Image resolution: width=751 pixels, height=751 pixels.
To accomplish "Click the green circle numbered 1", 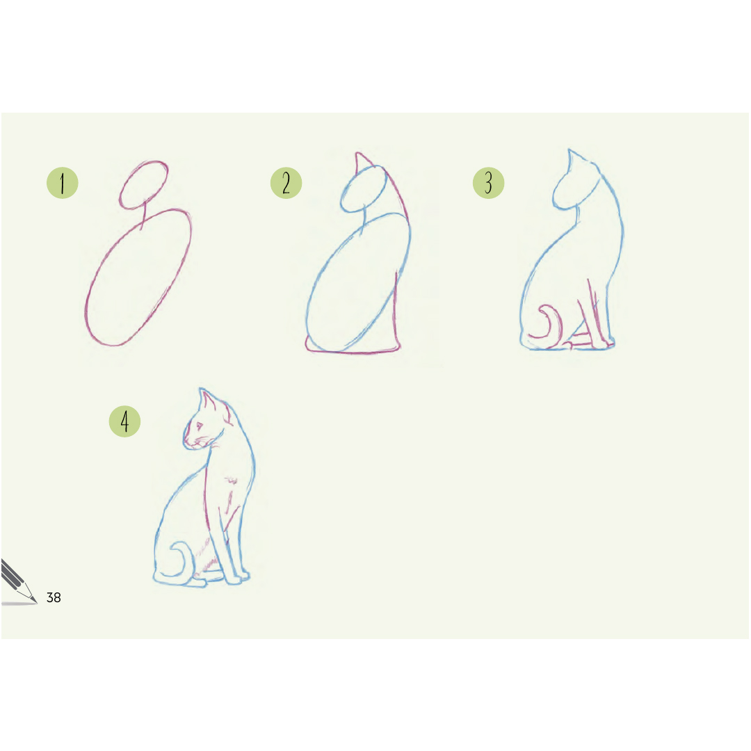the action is pyautogui.click(x=63, y=183).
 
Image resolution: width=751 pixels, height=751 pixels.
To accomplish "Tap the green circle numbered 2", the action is pyautogui.click(x=286, y=183).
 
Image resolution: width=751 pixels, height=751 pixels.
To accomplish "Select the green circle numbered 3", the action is pyautogui.click(x=489, y=183).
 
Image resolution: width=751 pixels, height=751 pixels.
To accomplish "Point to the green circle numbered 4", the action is pyautogui.click(x=124, y=421).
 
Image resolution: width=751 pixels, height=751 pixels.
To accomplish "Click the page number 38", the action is pyautogui.click(x=54, y=597).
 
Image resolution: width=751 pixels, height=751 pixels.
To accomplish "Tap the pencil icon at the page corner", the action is pyautogui.click(x=18, y=582).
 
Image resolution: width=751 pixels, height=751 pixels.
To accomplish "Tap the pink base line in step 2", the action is pyautogui.click(x=353, y=352).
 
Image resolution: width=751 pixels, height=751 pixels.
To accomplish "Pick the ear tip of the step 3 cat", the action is pyautogui.click(x=570, y=150).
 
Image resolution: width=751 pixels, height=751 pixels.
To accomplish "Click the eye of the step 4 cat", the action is pyautogui.click(x=200, y=426).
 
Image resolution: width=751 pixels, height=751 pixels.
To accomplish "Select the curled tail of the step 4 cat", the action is pyautogui.click(x=183, y=557).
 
